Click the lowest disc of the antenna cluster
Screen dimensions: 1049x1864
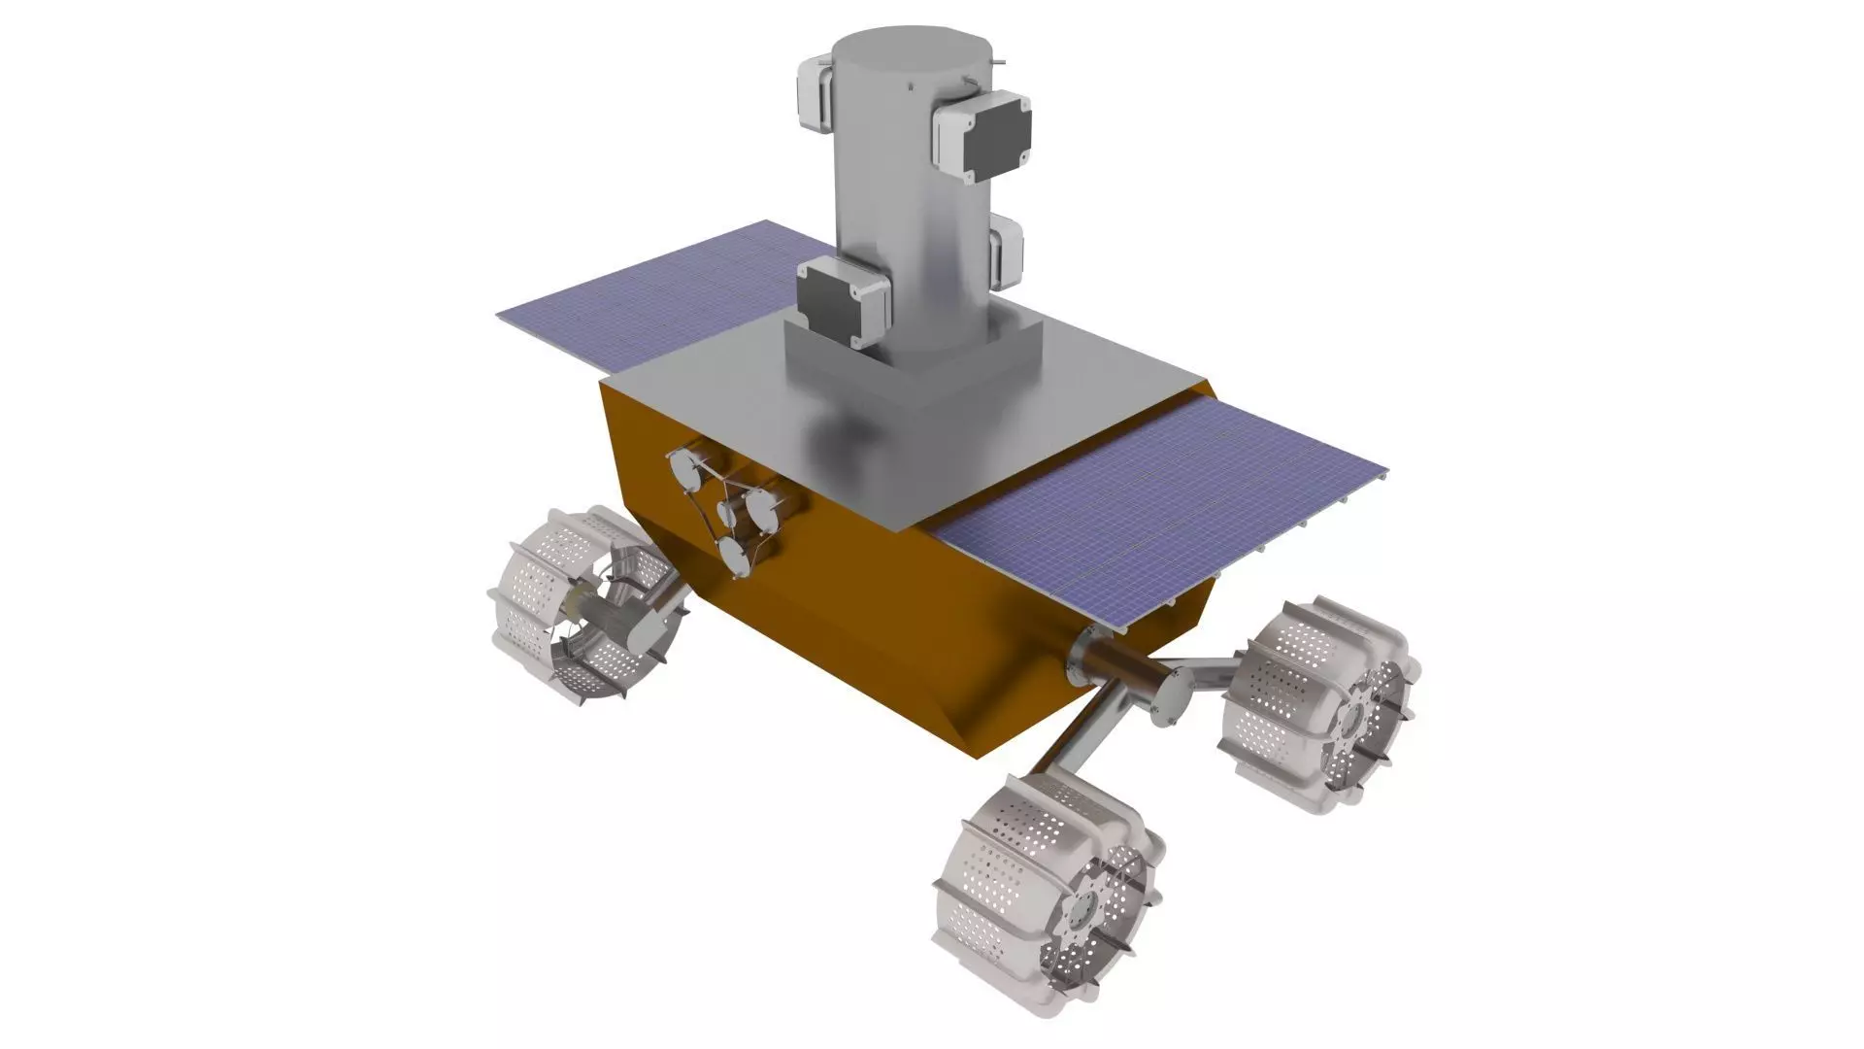pos(735,558)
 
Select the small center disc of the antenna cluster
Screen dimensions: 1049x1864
pos(728,513)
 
